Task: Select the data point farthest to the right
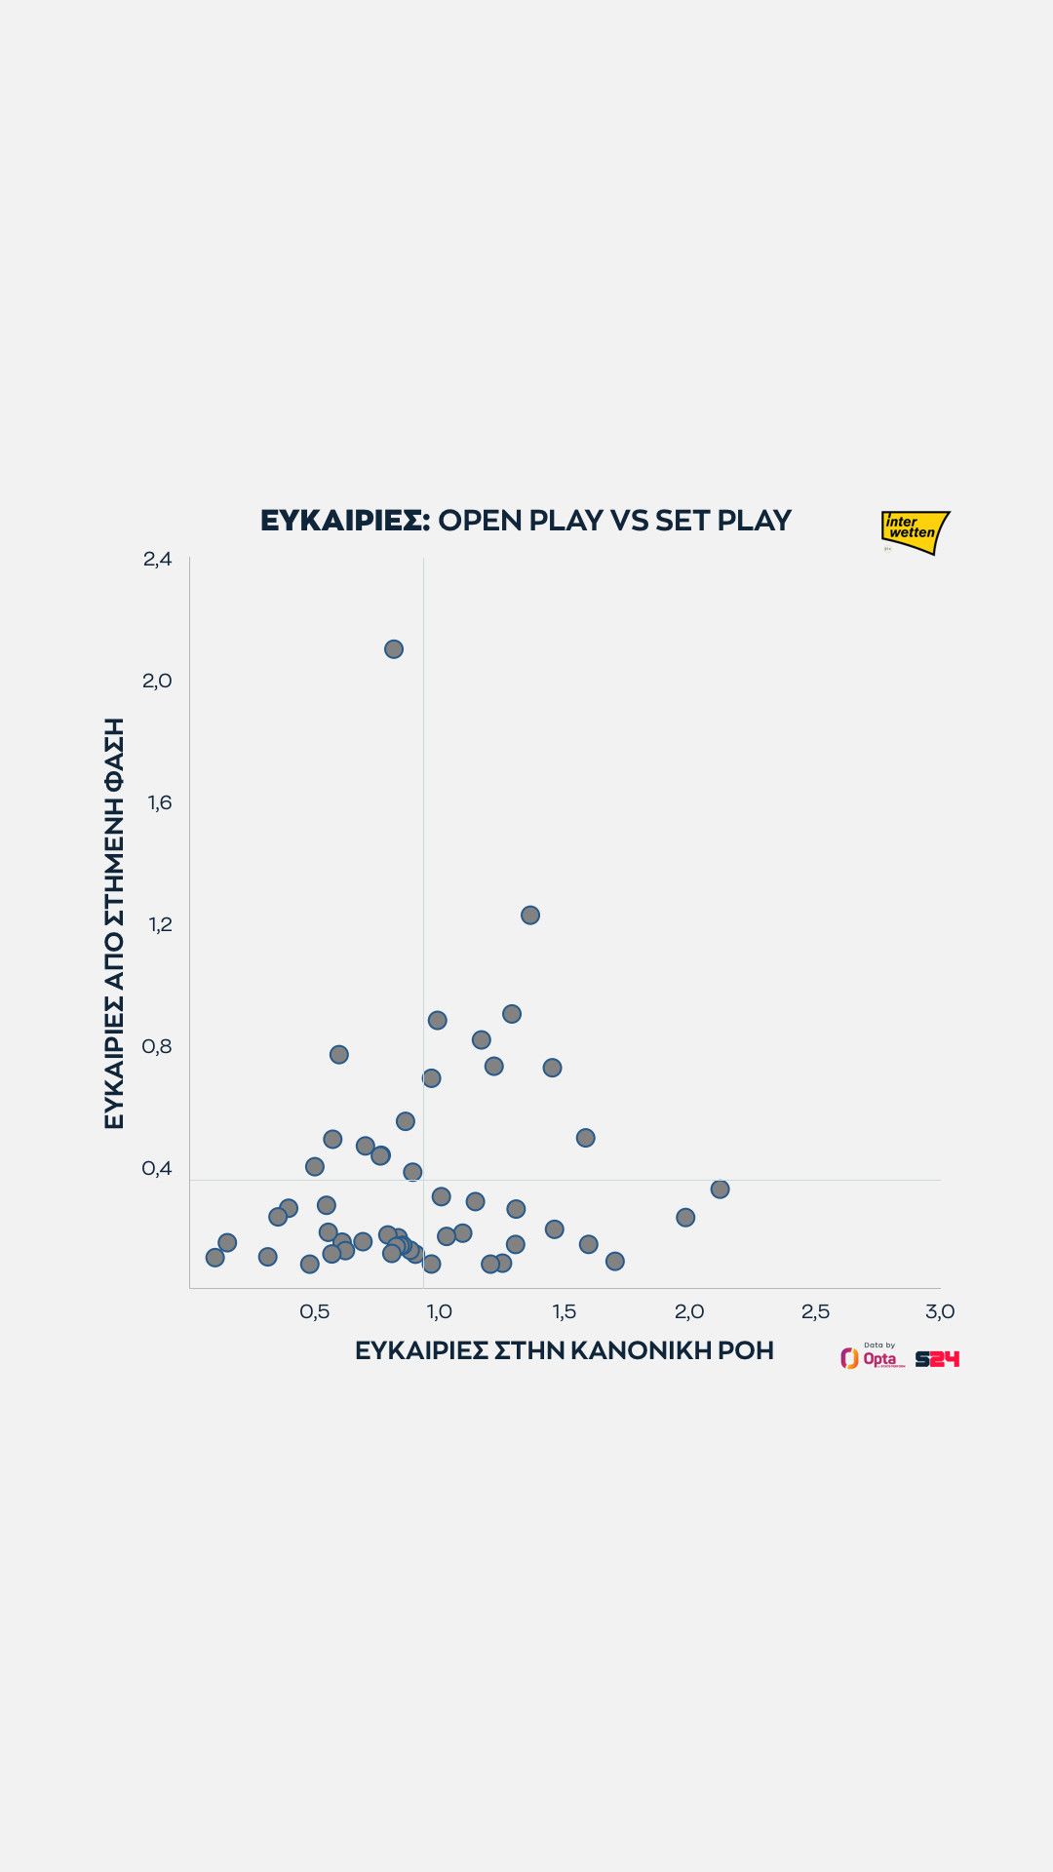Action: [x=720, y=1189]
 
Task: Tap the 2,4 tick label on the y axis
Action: [x=157, y=559]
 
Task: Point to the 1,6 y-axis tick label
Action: [x=159, y=802]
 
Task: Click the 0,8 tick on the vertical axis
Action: [x=157, y=1046]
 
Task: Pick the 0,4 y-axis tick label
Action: [x=157, y=1168]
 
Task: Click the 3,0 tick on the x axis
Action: [x=940, y=1311]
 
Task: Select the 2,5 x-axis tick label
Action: [x=815, y=1311]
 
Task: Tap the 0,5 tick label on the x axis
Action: [x=314, y=1311]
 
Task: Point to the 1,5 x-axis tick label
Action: [x=565, y=1311]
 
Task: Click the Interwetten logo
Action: [x=915, y=531]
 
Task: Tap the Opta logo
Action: [x=873, y=1357]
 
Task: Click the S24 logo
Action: [x=937, y=1358]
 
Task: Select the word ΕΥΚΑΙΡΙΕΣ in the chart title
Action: [x=344, y=521]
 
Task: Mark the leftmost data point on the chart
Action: [x=214, y=1257]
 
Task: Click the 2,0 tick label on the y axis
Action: [x=157, y=681]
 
